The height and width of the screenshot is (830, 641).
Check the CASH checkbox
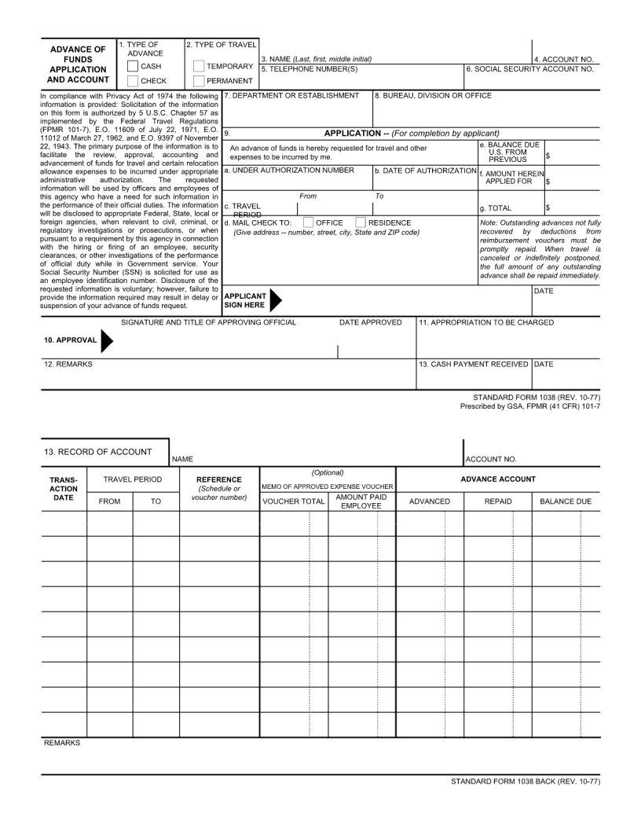click(x=133, y=67)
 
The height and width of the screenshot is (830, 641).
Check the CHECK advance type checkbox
click(x=133, y=81)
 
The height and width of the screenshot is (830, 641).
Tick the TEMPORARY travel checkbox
click(x=198, y=67)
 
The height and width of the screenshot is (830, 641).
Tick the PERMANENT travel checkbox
click(x=198, y=81)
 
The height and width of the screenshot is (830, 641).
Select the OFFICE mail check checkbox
click(x=308, y=222)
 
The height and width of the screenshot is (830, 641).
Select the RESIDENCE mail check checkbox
click(x=361, y=222)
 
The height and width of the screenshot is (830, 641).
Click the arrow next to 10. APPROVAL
click(x=107, y=340)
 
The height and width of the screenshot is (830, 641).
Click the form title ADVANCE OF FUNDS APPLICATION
click(x=78, y=64)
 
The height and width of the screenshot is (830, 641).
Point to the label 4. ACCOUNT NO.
click(x=564, y=59)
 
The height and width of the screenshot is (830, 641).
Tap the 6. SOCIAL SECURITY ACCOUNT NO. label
click(x=529, y=69)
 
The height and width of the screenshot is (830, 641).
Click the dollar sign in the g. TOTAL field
click(x=548, y=208)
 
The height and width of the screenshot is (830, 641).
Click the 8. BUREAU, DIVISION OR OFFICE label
click(x=433, y=96)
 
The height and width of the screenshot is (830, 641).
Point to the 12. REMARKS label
click(x=68, y=365)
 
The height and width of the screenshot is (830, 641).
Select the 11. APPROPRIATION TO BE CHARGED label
click(x=485, y=322)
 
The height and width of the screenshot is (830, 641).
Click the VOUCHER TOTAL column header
click(x=293, y=501)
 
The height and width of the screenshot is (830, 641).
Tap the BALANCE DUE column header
click(x=566, y=501)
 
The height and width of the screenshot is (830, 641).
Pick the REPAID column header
click(x=498, y=501)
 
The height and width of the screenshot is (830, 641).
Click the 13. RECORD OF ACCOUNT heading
click(x=98, y=452)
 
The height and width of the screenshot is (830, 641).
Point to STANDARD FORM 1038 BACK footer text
click(x=526, y=782)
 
